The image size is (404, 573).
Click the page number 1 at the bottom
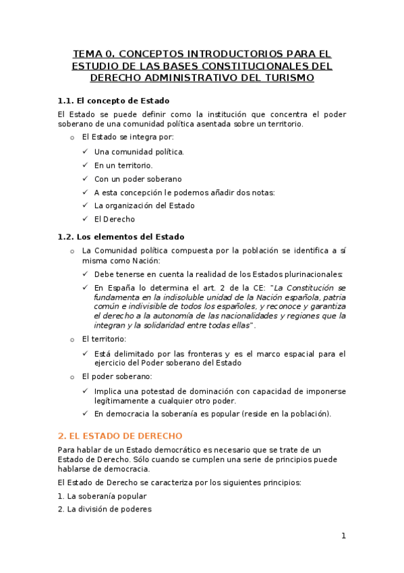(x=343, y=536)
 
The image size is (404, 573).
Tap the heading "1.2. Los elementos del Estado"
(x=121, y=236)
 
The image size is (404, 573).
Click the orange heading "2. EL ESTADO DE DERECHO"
(x=120, y=436)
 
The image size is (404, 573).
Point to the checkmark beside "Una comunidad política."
(x=85, y=152)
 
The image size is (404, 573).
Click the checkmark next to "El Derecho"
(x=85, y=219)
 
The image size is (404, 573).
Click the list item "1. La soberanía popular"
(x=102, y=496)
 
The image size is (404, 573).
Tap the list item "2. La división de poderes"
(x=105, y=509)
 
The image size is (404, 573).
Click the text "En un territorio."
(x=123, y=166)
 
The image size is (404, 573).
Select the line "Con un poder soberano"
(x=138, y=179)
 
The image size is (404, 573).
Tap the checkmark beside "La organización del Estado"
(x=85, y=205)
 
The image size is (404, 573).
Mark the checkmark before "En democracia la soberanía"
(x=85, y=414)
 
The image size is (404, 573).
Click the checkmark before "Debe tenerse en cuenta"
(x=85, y=274)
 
